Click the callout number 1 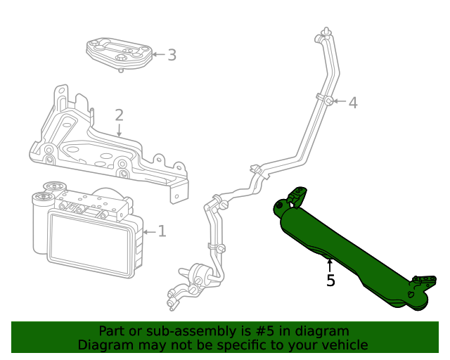pos(162,231)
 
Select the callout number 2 pos(120,115)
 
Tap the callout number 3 pos(172,54)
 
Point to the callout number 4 pos(353,103)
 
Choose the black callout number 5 pos(330,281)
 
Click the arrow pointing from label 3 pos(157,54)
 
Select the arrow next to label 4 pos(340,102)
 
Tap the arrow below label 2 pos(120,129)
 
